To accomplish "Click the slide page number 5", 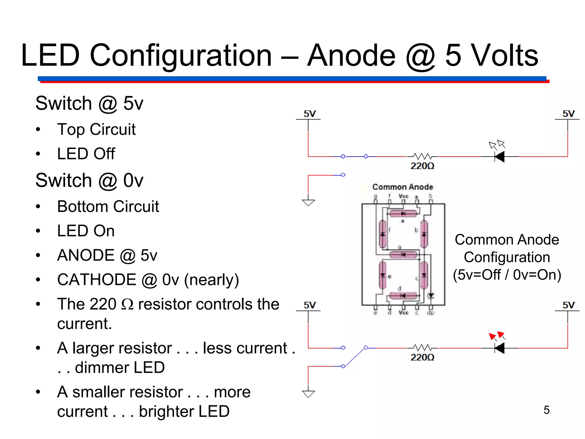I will pos(546,410).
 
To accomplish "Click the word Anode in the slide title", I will pos(352,55).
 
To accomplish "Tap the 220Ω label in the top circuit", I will pos(422,166).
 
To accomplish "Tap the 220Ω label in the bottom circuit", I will pos(422,358).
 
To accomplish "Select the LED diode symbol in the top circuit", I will pos(500,157).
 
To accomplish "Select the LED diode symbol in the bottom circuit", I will pos(500,348).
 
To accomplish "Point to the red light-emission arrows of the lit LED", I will pos(497,336).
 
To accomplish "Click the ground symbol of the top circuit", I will pos(308,202).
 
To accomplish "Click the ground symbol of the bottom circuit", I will pos(308,394).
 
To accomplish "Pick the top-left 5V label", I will pos(310,114).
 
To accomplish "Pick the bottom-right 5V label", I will pos(568,305).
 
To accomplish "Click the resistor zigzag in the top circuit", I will pos(422,156).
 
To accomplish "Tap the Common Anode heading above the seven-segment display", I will pos(402,187).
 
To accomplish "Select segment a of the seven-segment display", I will pos(403,213).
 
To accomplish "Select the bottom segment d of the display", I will pos(403,296).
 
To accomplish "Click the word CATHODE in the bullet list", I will pos(97,280).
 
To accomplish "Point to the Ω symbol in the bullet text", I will pos(127,304).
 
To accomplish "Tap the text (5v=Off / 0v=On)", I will pos(507,275).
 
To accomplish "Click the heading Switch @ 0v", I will pos(89,181).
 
